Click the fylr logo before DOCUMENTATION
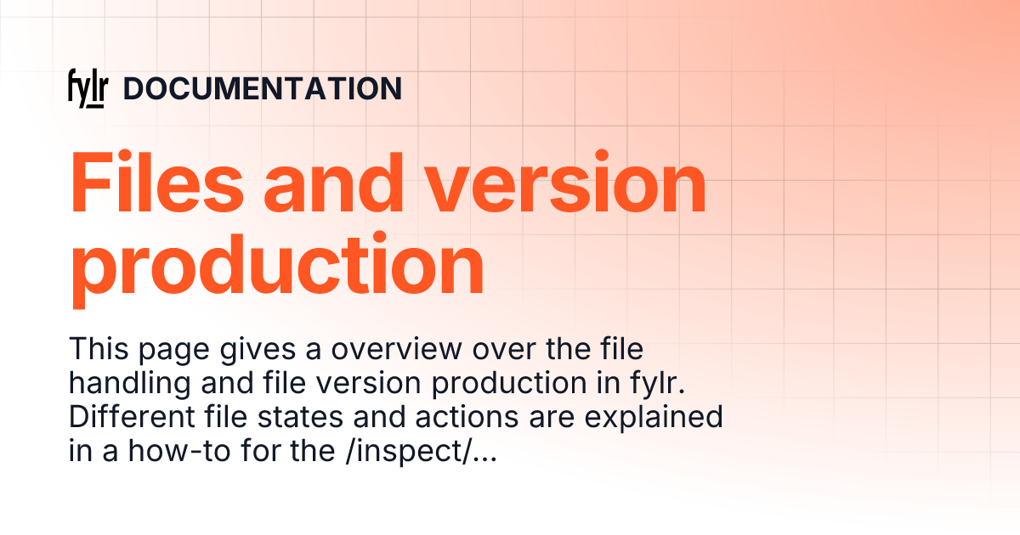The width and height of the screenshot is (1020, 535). [x=88, y=89]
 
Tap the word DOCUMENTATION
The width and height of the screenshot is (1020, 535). [x=263, y=89]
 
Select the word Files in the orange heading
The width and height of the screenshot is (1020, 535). [x=159, y=183]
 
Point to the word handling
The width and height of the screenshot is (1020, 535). [x=130, y=386]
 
